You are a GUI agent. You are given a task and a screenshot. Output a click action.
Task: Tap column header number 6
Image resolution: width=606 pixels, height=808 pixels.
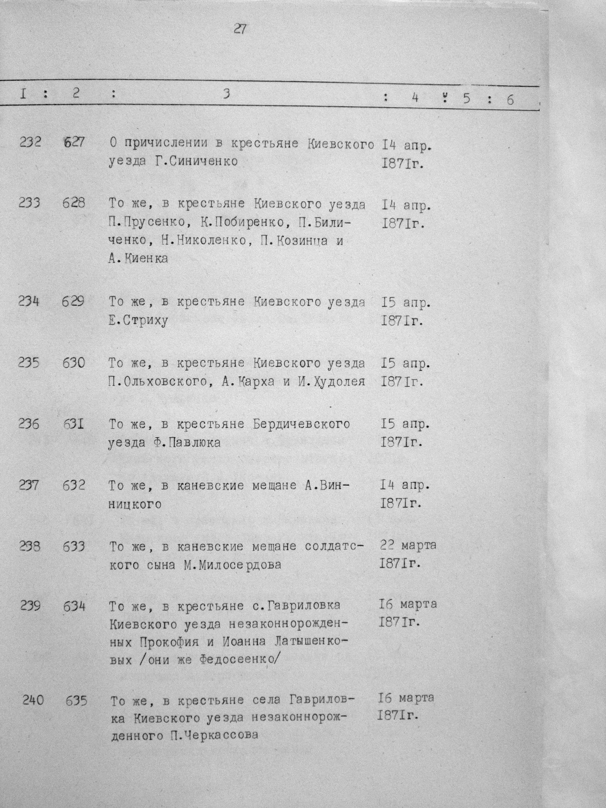point(510,100)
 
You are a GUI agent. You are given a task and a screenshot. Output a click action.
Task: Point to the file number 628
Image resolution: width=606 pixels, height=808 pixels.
point(74,202)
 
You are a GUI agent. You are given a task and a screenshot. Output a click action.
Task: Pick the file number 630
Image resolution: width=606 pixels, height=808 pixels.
point(74,363)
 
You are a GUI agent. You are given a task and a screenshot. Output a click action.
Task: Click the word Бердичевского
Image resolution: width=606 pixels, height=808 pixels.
point(301,424)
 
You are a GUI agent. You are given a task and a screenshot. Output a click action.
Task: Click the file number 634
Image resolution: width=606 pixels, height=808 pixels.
point(74,607)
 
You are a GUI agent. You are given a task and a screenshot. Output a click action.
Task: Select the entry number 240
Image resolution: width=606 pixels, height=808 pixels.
point(33,700)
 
